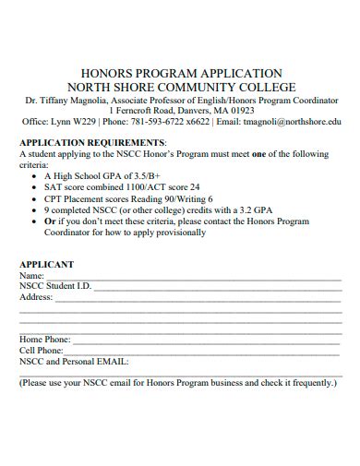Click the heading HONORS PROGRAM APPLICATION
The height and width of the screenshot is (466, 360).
pos(181,73)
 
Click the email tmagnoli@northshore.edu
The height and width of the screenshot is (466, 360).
pos(293,121)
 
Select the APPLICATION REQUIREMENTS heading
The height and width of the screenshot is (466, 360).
pos(92,143)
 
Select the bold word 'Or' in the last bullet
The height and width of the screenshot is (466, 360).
pos(50,221)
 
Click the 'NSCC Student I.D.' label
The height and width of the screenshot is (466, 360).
pos(55,286)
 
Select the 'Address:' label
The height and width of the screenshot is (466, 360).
pos(36,297)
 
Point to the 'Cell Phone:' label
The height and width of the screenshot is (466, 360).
pos(42,351)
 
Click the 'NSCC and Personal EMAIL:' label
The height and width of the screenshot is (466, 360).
pos(74,362)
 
